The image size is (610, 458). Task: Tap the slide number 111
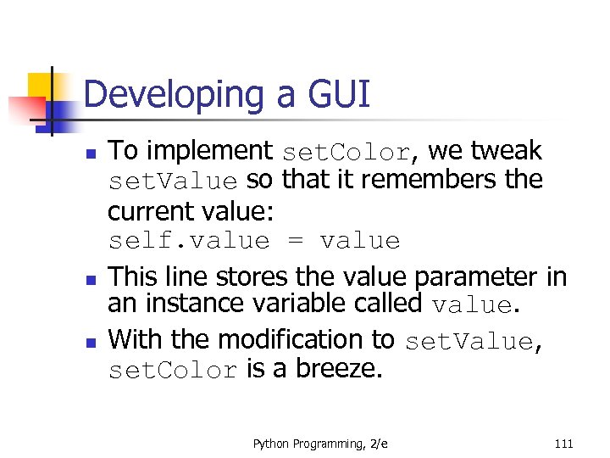(x=563, y=444)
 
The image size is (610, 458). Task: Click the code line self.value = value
(x=254, y=241)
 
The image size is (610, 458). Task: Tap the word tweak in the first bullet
(x=507, y=151)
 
